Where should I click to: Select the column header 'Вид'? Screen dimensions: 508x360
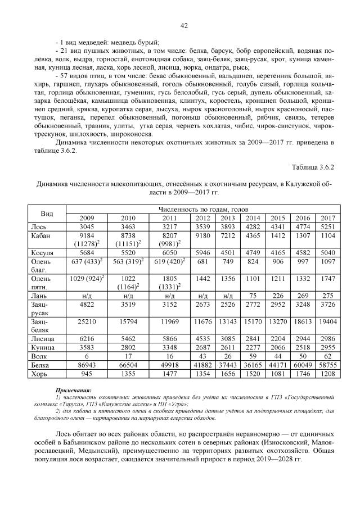pyautogui.click(x=48, y=214)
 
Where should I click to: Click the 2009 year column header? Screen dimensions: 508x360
pyautogui.click(x=87, y=218)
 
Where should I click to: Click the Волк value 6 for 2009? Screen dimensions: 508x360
pyautogui.click(x=87, y=356)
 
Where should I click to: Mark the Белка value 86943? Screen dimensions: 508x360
pyautogui.click(x=87, y=364)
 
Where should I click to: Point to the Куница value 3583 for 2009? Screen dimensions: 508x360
pyautogui.click(x=87, y=347)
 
